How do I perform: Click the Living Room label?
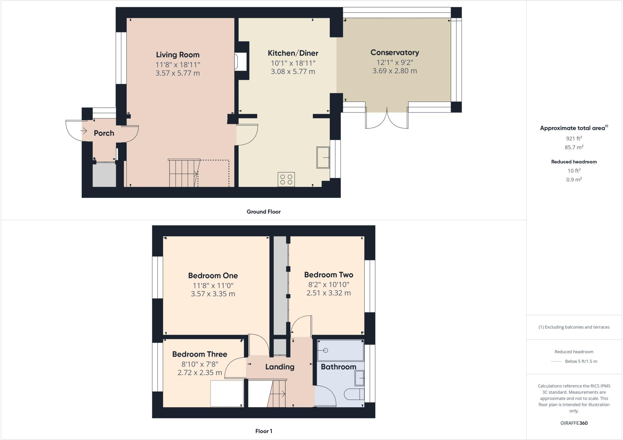(178, 55)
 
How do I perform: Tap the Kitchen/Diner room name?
(293, 53)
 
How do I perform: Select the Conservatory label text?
(395, 52)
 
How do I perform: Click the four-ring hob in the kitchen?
(286, 179)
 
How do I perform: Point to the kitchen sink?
(323, 157)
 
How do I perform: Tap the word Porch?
(104, 133)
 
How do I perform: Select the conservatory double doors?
(387, 119)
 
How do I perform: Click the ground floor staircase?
(184, 173)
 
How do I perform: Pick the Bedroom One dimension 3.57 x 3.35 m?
(213, 294)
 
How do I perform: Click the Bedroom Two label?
(329, 275)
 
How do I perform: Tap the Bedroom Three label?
(200, 354)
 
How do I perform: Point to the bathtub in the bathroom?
(340, 351)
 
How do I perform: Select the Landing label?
(280, 367)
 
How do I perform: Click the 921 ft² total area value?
(574, 138)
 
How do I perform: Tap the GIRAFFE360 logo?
(574, 423)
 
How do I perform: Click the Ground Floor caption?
(263, 211)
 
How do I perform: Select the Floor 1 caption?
(264, 431)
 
